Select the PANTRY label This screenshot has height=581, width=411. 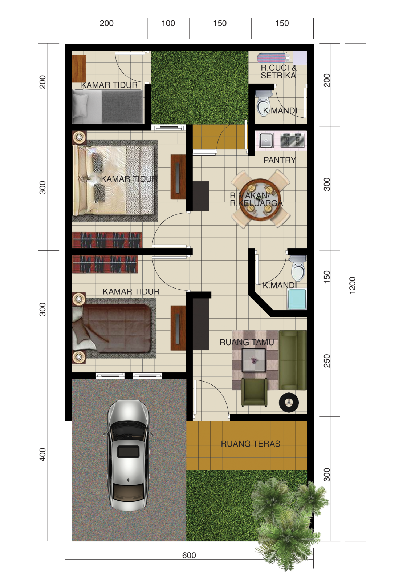click(x=280, y=160)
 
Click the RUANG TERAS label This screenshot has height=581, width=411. click(x=251, y=444)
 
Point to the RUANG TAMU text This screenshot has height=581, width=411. click(x=247, y=342)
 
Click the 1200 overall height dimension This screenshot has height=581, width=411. click(x=353, y=285)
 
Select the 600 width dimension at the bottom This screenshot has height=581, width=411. click(x=189, y=555)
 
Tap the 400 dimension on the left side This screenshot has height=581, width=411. click(x=42, y=455)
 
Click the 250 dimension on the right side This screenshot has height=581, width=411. click(x=327, y=360)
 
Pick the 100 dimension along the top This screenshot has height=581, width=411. click(x=168, y=23)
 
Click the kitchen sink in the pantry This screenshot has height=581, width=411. click(x=266, y=140)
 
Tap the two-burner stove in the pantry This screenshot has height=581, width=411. click(x=292, y=140)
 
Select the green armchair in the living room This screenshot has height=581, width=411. click(x=254, y=392)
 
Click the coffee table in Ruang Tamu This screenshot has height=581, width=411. click(x=253, y=360)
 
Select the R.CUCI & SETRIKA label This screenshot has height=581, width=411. click(x=278, y=72)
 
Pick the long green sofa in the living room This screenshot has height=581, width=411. click(x=293, y=360)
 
